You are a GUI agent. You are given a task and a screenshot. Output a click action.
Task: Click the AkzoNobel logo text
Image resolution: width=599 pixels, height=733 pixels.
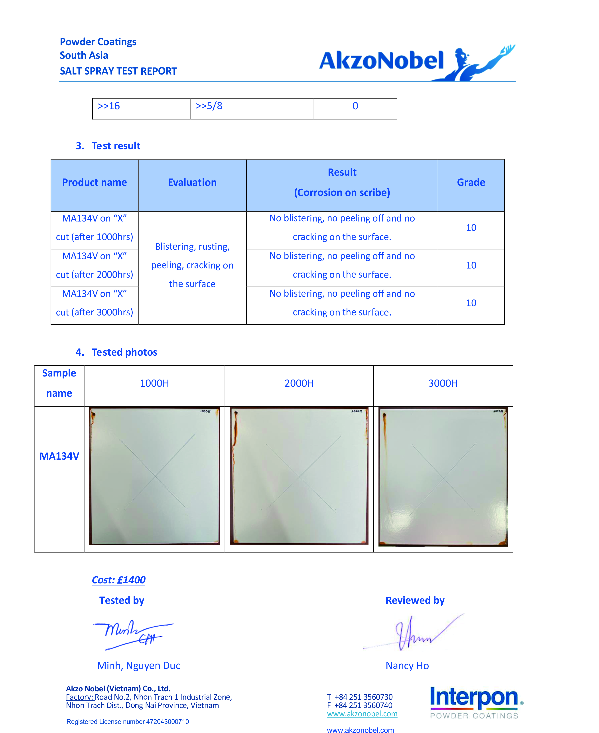[381, 61]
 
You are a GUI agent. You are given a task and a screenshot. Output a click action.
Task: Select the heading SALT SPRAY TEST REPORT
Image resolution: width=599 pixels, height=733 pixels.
[118, 71]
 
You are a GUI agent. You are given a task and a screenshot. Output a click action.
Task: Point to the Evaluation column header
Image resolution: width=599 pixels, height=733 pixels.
[192, 182]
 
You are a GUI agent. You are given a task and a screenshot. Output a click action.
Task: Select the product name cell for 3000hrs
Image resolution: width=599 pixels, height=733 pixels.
[95, 303]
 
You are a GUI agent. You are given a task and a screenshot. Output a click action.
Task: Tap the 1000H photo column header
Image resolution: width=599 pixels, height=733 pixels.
[154, 383]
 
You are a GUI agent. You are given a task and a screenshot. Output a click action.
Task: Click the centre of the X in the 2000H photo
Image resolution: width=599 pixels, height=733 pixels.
[299, 477]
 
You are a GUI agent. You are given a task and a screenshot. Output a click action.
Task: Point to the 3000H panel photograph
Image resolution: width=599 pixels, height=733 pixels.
[443, 477]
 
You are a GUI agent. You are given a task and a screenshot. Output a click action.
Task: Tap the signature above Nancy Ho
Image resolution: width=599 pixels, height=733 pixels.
[414, 634]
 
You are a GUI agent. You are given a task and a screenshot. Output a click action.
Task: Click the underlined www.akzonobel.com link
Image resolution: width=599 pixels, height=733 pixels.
[362, 714]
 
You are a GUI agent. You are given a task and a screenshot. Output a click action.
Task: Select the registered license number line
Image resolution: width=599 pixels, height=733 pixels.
[128, 722]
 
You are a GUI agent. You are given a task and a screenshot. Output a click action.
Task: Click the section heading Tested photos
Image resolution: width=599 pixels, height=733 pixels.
[124, 352]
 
